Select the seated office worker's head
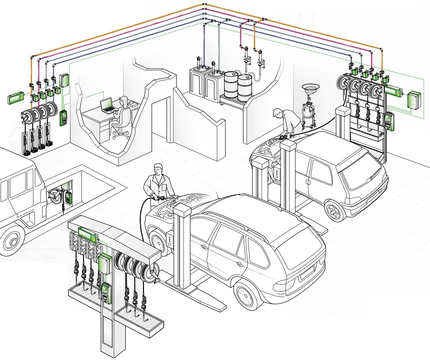coord(123,100)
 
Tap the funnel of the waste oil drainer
coord(311,88)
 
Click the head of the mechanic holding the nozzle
coord(158,169)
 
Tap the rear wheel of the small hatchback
coord(334,211)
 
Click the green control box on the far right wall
coord(413,100)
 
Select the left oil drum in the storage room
coord(231,85)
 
